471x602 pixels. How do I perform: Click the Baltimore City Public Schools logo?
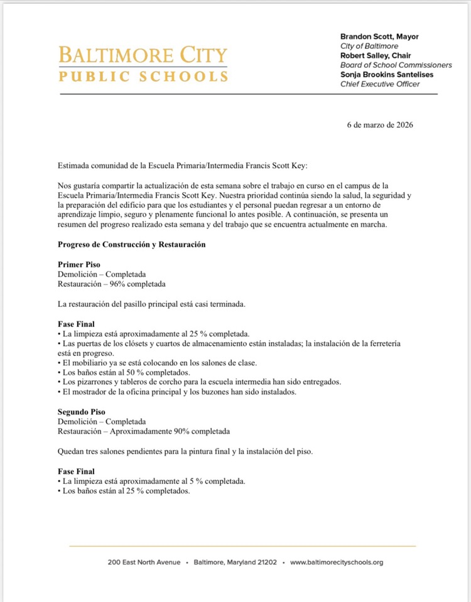coord(143,63)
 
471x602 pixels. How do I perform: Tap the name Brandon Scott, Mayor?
coord(379,37)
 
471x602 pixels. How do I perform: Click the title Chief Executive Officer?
coord(380,84)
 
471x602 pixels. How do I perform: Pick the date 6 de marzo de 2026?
coord(380,125)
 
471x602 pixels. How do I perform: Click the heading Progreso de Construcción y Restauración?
coord(132,244)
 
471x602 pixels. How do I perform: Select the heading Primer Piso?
coord(79,265)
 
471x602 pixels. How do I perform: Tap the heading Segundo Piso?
coord(82,412)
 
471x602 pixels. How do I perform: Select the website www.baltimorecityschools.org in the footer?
coord(337,562)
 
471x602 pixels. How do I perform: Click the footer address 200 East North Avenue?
coord(144,562)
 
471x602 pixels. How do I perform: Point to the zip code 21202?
coord(264,562)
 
